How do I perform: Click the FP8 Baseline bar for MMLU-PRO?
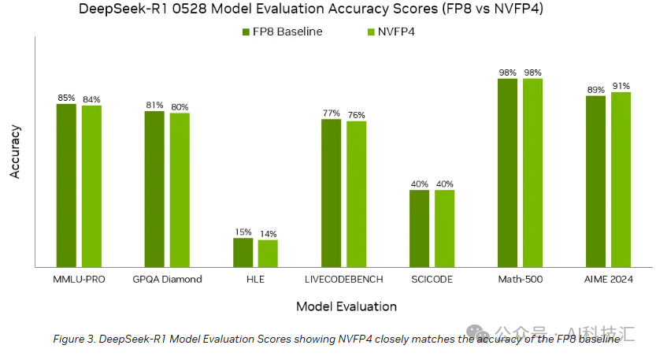tap(66, 185)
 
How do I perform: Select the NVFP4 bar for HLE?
tap(268, 253)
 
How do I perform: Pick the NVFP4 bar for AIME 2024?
tap(621, 179)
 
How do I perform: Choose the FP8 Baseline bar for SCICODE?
tap(419, 228)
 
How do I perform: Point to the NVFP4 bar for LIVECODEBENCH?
tap(356, 194)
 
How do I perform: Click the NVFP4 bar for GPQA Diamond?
tap(180, 190)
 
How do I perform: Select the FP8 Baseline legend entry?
tap(282, 32)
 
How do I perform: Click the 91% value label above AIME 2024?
tap(621, 86)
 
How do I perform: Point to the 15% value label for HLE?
tap(243, 232)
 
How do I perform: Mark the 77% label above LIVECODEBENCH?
tap(331, 113)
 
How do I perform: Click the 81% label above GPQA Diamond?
tap(154, 105)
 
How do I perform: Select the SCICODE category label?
tap(432, 279)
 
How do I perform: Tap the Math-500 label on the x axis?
tap(520, 279)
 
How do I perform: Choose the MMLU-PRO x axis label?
tap(79, 279)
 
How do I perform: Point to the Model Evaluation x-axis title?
tap(346, 306)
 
